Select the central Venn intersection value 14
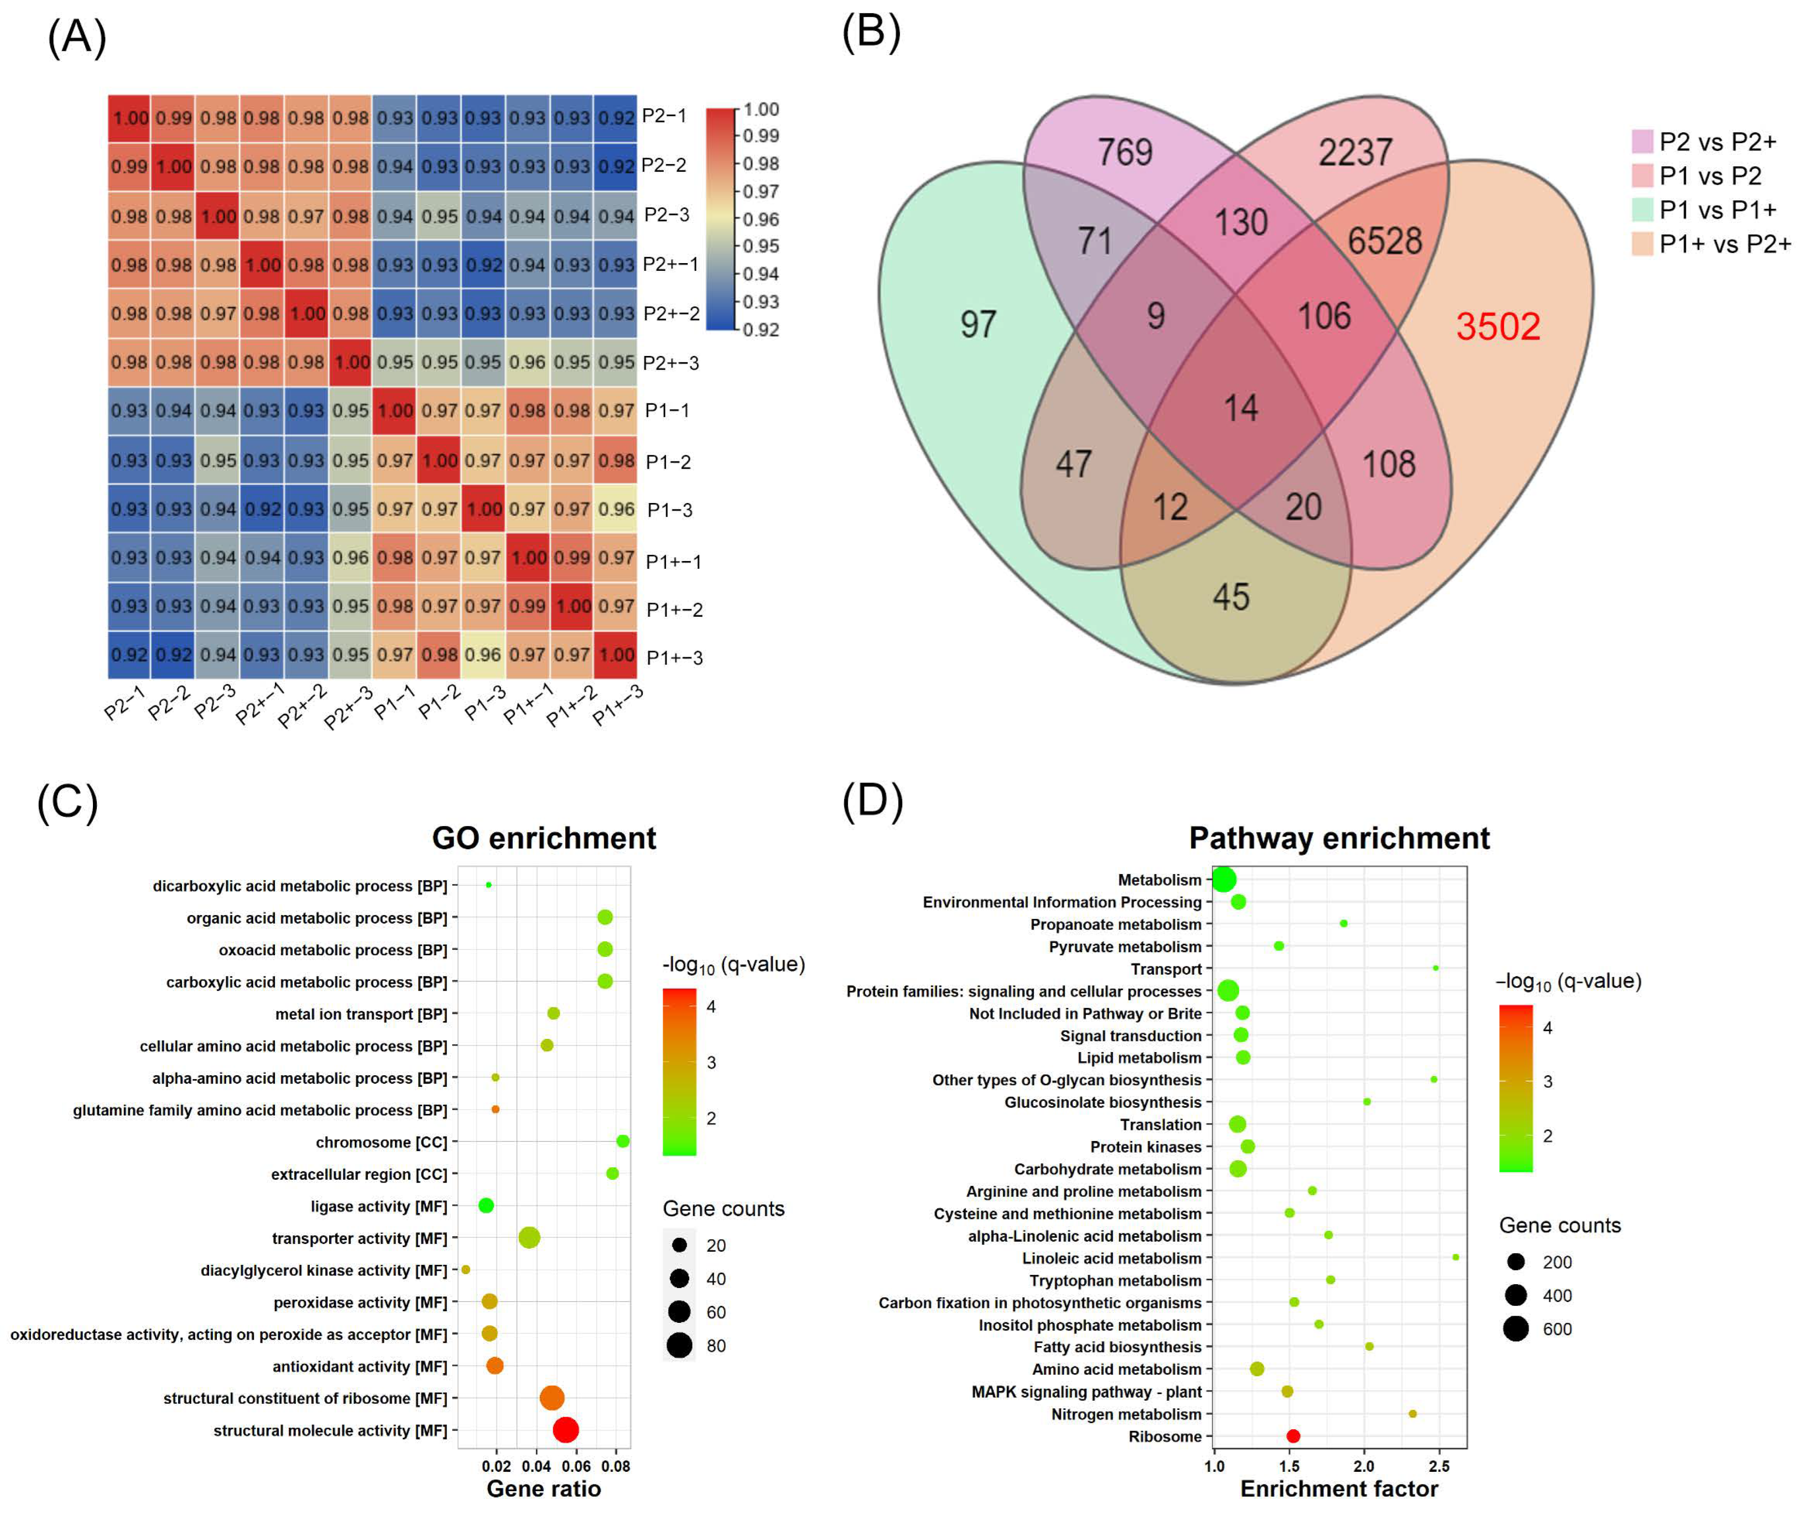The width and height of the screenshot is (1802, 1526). [x=1240, y=407]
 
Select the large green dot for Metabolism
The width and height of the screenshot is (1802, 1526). [x=1223, y=880]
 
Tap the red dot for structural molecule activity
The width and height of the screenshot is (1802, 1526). [x=565, y=1430]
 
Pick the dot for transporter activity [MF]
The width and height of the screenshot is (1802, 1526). [x=530, y=1238]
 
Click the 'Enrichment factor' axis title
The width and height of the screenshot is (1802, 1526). [x=1338, y=1489]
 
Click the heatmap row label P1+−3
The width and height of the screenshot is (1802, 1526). [x=674, y=657]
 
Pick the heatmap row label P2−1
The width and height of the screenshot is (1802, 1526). [x=664, y=116]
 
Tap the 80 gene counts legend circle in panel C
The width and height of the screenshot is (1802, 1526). [x=680, y=1345]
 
